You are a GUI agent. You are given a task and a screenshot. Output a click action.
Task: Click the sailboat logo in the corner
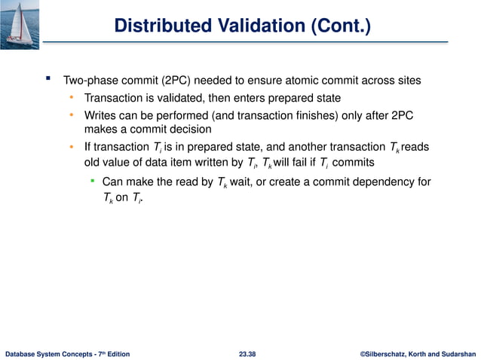point(21,20)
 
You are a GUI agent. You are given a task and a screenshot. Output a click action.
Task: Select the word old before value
point(93,162)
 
